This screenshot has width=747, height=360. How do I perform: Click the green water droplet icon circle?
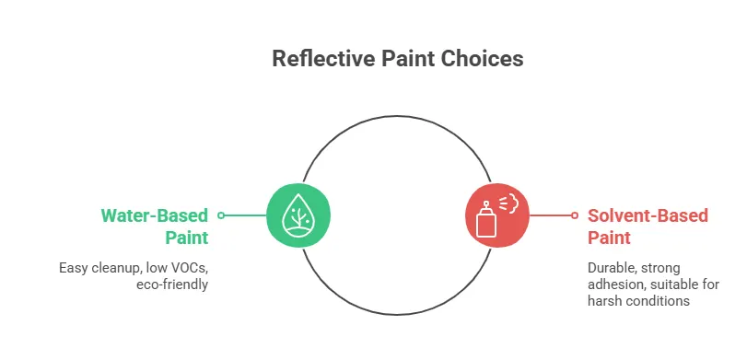pyautogui.click(x=298, y=215)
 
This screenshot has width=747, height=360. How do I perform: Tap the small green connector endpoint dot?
pyautogui.click(x=221, y=215)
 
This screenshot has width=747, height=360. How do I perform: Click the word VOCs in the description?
pyautogui.click(x=189, y=268)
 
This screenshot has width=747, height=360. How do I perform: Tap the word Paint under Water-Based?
pyautogui.click(x=188, y=238)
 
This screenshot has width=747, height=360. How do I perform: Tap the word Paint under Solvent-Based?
pyautogui.click(x=609, y=238)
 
